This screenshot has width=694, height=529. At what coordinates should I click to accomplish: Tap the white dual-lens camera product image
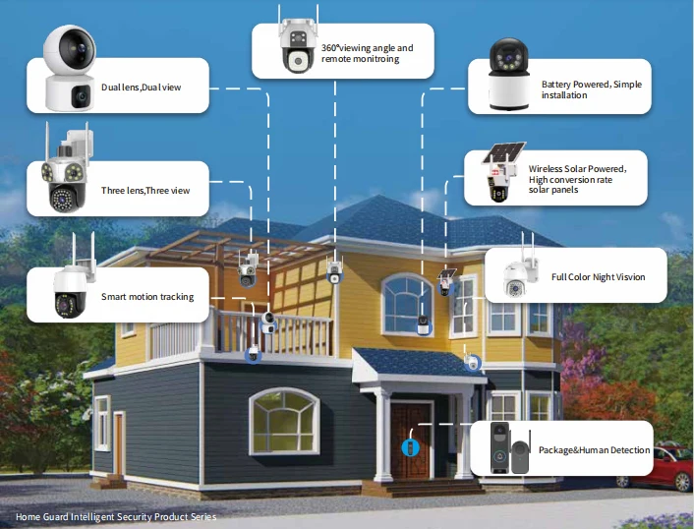(x=68, y=68)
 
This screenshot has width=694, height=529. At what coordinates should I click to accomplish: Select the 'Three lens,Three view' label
(x=145, y=190)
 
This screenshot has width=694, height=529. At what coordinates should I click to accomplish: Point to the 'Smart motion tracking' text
(x=147, y=297)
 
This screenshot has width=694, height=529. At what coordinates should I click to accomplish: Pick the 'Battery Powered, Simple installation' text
(x=591, y=89)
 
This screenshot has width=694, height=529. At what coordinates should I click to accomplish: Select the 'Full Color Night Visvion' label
(x=598, y=277)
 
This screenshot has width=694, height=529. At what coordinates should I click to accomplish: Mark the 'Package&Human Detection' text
(x=594, y=450)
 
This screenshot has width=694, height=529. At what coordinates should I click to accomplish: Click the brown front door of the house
(x=410, y=439)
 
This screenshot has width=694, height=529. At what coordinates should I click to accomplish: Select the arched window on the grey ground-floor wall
(x=284, y=420)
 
